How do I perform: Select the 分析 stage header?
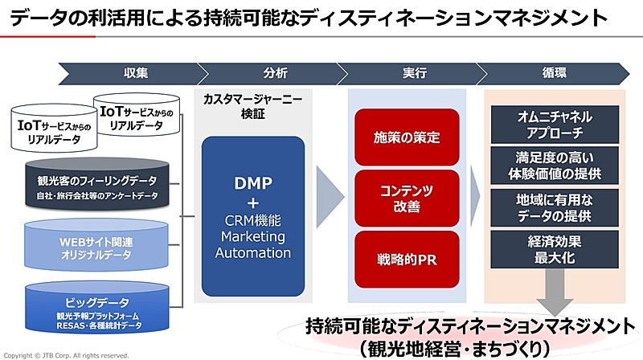click(274, 73)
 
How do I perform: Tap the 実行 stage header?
click(413, 73)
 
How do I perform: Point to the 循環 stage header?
click(554, 73)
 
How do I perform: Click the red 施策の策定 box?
click(407, 137)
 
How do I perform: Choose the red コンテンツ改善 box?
click(407, 198)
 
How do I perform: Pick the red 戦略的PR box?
click(407, 260)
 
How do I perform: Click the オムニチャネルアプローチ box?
click(555, 125)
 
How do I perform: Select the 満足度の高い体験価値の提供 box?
click(555, 166)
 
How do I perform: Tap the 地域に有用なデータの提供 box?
click(555, 207)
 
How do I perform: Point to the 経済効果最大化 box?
click(555, 249)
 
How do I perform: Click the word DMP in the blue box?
click(253, 183)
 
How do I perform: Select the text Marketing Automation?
click(253, 245)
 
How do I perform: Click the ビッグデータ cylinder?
click(97, 307)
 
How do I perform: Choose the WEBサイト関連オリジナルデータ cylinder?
click(96, 245)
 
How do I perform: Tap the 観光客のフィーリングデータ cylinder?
click(97, 185)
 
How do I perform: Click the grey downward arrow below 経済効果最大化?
click(555, 292)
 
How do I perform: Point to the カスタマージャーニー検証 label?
click(252, 106)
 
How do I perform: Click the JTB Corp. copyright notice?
click(66, 355)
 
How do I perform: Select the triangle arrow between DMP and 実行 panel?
click(330, 197)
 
